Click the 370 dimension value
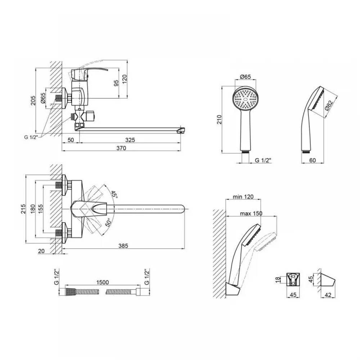pos(121,148)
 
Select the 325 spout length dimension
pos(130,140)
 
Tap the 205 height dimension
pos(33,100)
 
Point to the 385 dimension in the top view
pos(123,246)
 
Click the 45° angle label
pos(114,195)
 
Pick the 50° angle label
pos(108,222)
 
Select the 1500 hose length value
pos(102,282)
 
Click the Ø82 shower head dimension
pos(329,106)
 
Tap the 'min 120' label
pos(243,197)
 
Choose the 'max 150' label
pos(251,213)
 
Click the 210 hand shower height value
pos(220,120)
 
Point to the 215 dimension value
pos(23,209)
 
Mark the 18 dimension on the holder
pos(278,280)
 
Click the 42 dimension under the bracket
pos(328,295)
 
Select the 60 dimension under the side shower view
pos(312,160)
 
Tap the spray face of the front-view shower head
pos(246,99)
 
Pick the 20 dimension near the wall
pos(41,251)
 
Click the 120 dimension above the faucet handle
pos(125,79)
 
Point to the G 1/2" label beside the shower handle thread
pos(264,160)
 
